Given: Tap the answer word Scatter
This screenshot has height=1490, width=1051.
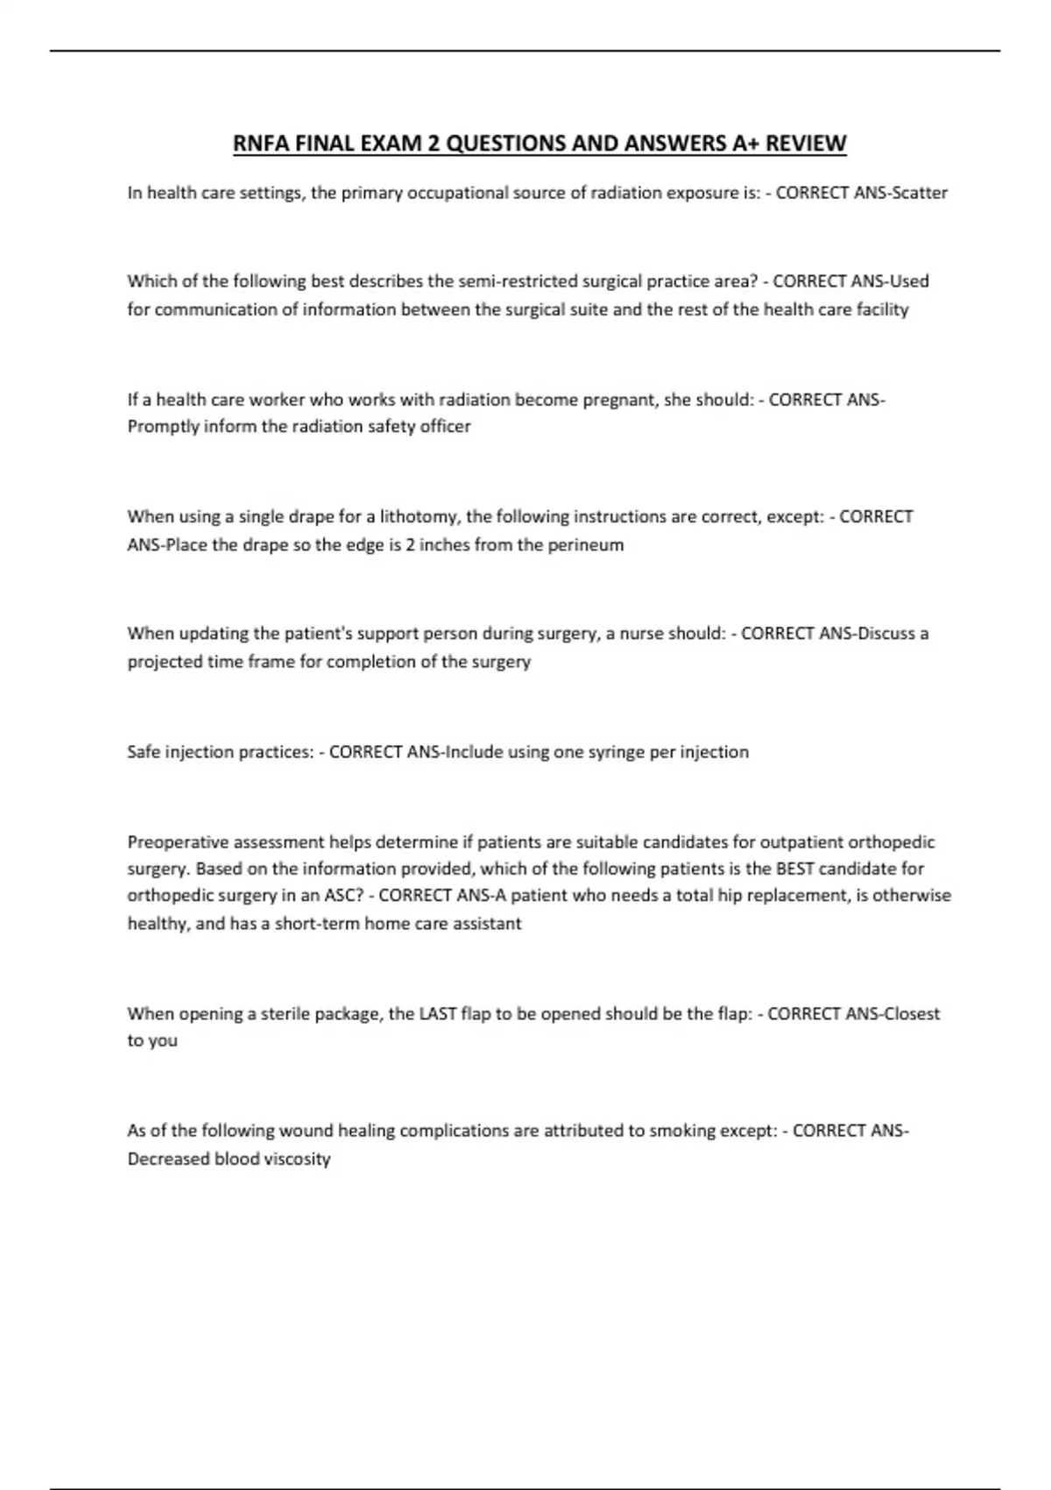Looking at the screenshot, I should coord(919,193).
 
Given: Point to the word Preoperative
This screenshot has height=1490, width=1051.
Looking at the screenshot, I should coord(180,842).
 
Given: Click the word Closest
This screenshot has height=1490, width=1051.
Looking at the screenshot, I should coord(912,1014).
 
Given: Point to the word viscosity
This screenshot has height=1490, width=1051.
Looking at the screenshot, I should coord(292,1159).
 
